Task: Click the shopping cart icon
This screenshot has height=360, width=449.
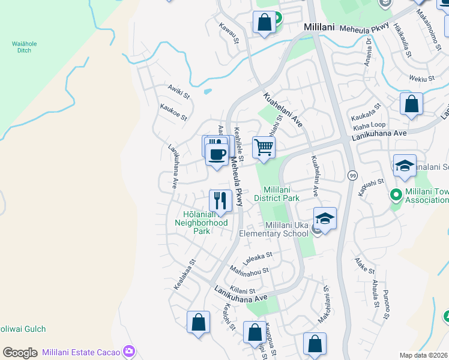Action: click(x=264, y=146)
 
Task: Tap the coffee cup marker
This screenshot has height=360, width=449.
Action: click(x=216, y=154)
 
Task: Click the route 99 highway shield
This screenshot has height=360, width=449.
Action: click(x=353, y=175)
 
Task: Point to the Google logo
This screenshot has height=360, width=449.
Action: click(x=20, y=353)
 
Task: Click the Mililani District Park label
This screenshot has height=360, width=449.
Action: click(x=276, y=193)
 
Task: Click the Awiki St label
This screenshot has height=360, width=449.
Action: click(x=178, y=94)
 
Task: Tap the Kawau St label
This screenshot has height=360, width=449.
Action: click(x=229, y=34)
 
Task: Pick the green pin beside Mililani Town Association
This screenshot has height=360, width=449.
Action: click(x=396, y=195)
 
